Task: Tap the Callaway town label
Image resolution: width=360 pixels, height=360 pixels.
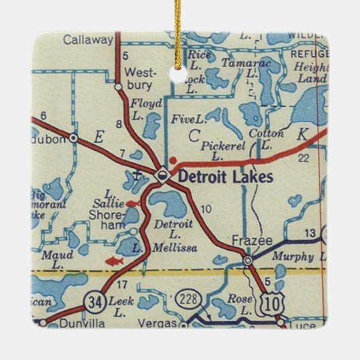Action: tap(88, 40)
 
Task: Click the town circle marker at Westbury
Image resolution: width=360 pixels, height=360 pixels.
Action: tap(118, 87)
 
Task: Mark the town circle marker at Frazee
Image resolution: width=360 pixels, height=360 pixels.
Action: tap(248, 259)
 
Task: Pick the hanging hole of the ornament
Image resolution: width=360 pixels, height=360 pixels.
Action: tap(180, 69)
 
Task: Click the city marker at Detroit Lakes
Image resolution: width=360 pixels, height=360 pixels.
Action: tap(162, 175)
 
